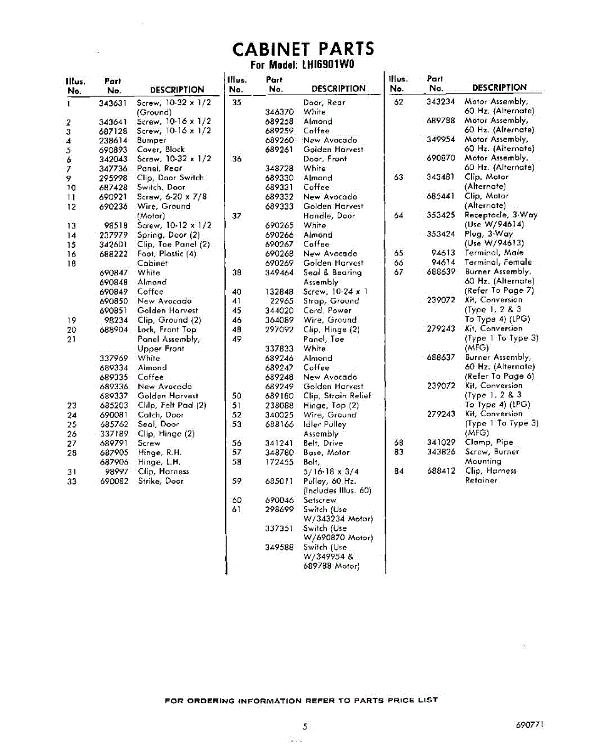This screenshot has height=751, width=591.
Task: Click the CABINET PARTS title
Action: click(x=303, y=49)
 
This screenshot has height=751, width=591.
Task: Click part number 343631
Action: click(x=113, y=103)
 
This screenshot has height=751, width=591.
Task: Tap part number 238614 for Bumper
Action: click(x=113, y=140)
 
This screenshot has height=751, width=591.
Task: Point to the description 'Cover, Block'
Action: click(x=161, y=150)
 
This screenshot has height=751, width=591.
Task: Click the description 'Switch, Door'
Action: click(x=161, y=187)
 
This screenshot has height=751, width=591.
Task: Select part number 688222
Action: click(x=113, y=253)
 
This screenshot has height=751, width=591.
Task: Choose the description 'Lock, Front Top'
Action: click(x=166, y=329)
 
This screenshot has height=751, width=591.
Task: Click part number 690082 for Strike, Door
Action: click(x=113, y=481)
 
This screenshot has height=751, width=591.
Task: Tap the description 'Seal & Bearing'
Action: click(x=332, y=272)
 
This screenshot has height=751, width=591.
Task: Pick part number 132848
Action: click(x=279, y=292)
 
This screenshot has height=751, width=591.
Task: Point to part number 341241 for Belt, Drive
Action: click(x=279, y=442)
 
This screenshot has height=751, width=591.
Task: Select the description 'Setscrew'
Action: click(x=320, y=500)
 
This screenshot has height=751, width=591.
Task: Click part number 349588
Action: click(x=279, y=547)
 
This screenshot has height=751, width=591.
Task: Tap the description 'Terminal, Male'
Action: click(x=494, y=253)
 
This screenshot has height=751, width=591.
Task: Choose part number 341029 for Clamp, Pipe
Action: click(x=441, y=442)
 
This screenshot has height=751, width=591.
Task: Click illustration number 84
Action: click(x=399, y=471)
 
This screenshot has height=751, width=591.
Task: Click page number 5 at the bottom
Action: click(x=305, y=727)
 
